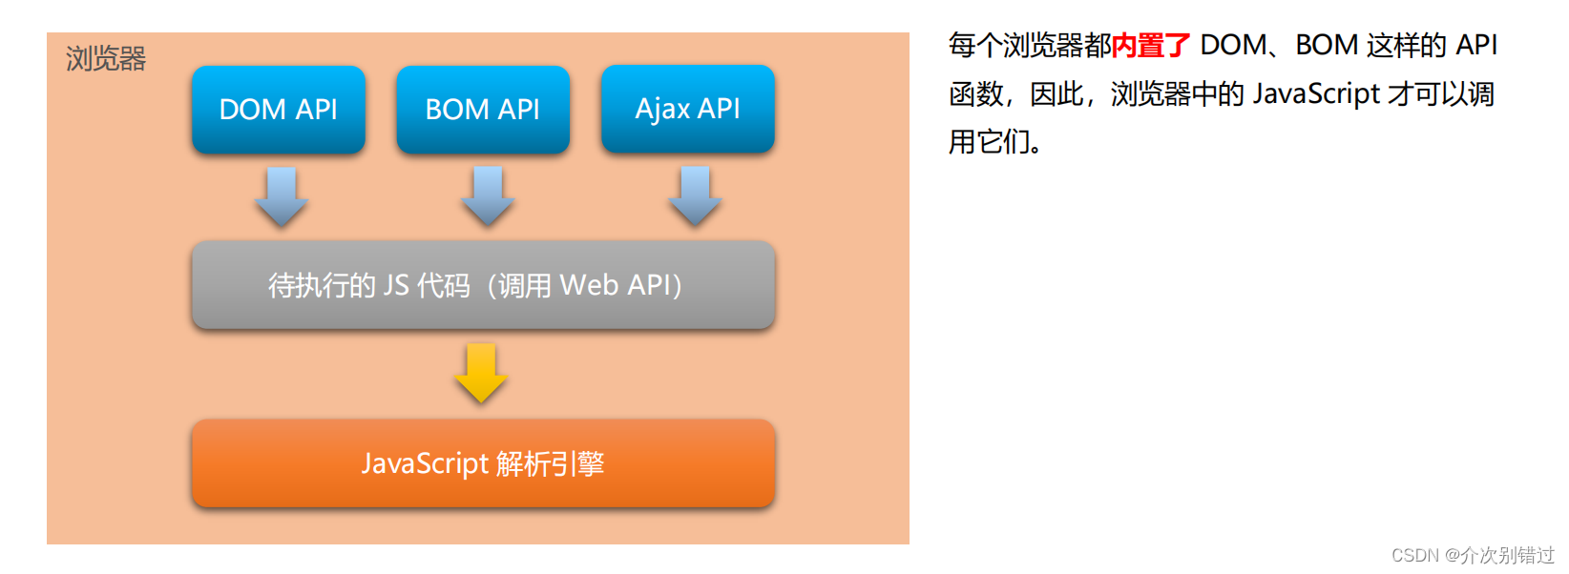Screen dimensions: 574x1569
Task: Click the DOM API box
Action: coord(278,110)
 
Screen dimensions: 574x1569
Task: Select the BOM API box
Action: coord(483,110)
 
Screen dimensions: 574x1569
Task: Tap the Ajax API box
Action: coord(687,109)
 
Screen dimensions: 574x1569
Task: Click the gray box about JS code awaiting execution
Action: coord(483,285)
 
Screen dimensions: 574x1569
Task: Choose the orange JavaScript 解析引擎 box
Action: coord(483,463)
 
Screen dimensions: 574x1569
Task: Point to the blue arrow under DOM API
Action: coord(282,196)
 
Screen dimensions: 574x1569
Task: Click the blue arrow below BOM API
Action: coord(488,196)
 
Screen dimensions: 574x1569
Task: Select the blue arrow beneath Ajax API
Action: coord(695,196)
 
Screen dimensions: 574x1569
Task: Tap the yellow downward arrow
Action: coord(481,373)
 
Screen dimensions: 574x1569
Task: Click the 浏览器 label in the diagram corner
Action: coord(106,59)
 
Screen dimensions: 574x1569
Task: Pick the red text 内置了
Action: coord(1151,45)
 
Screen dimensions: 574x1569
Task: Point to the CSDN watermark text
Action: coord(1473,555)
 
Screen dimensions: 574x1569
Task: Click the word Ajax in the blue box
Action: coord(662,110)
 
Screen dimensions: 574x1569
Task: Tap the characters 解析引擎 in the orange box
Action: coord(551,463)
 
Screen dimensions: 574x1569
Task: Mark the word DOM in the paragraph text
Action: coord(1233,45)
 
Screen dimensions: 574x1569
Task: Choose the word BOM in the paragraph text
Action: coord(1327,45)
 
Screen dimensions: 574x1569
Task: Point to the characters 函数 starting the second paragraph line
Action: coord(975,93)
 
